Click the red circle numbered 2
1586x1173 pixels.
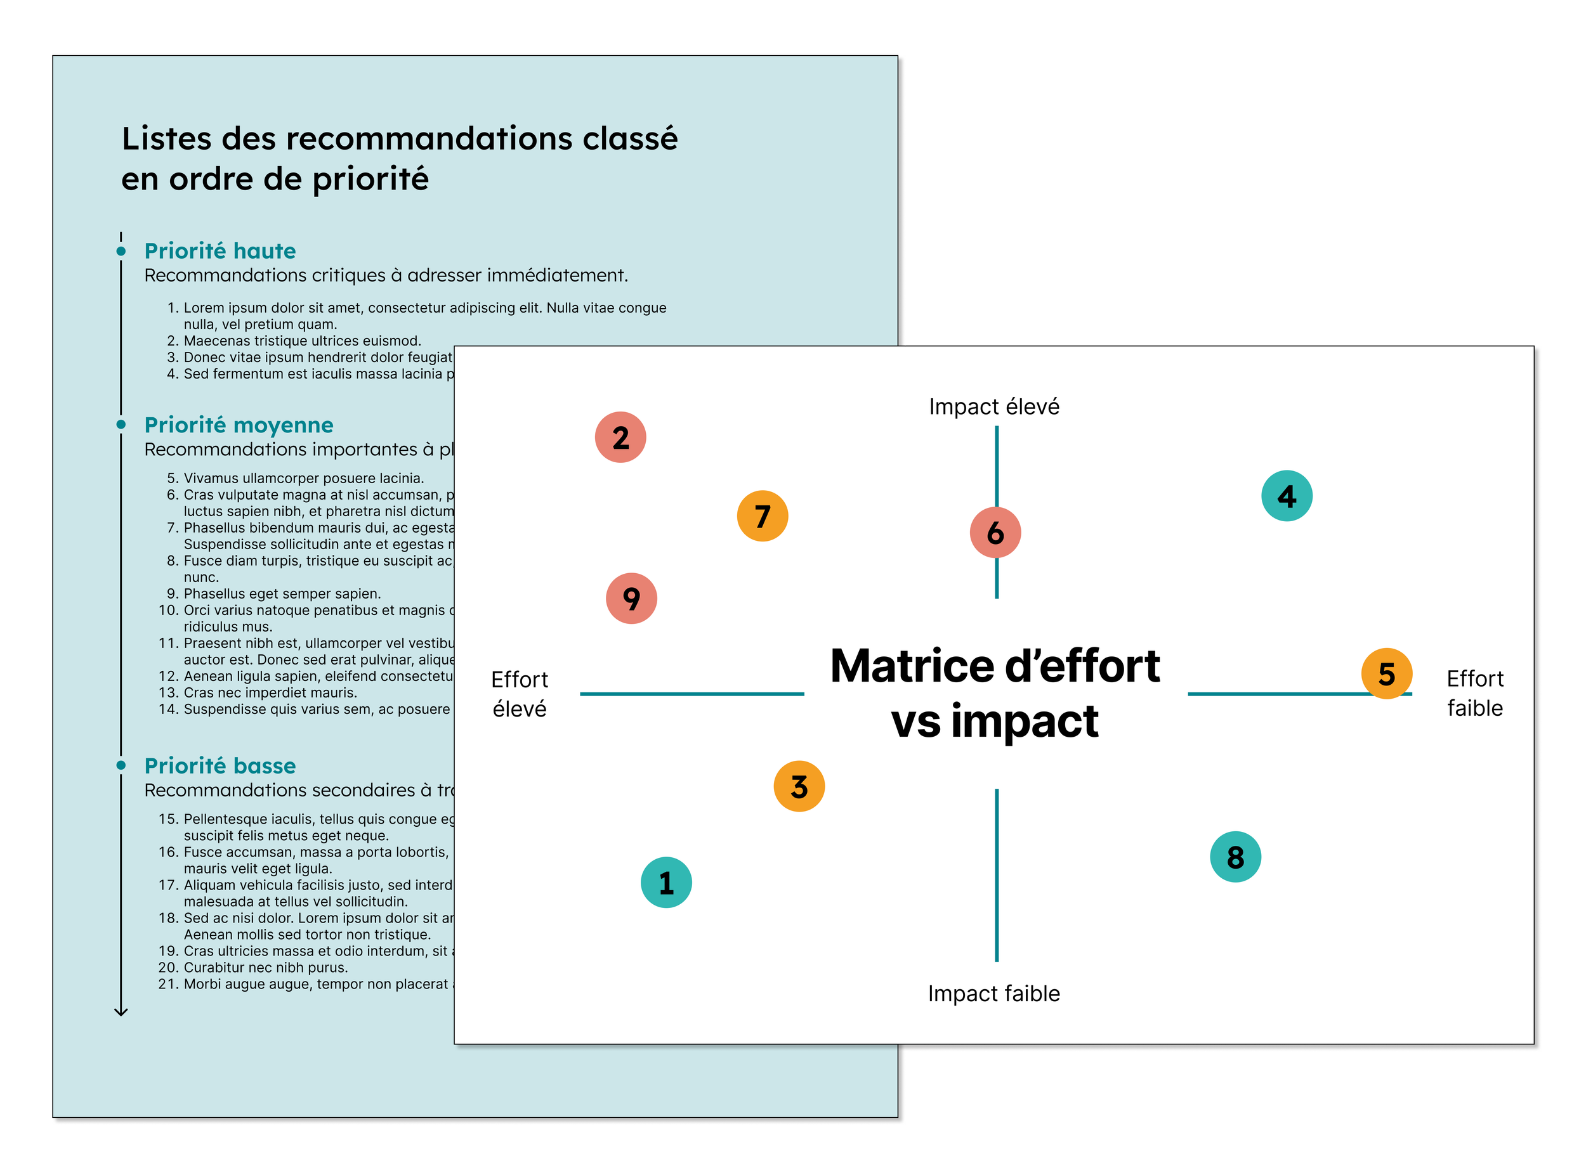point(620,437)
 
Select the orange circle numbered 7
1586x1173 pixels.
point(762,516)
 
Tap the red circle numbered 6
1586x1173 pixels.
point(995,533)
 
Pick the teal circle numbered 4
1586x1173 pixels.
point(1287,496)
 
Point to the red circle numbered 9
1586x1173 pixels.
point(631,599)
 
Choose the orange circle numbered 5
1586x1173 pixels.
point(1386,674)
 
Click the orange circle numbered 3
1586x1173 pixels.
point(799,787)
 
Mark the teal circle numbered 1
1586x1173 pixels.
point(666,883)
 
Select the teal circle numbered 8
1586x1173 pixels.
point(1235,857)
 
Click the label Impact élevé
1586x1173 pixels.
point(993,407)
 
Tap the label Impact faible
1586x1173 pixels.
point(993,994)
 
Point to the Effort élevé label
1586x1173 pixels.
point(519,694)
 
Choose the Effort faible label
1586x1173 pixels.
point(1474,693)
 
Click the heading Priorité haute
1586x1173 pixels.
point(220,250)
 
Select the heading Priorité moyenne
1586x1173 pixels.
point(239,425)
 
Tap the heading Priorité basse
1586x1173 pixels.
point(220,765)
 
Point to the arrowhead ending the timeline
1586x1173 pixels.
point(121,1011)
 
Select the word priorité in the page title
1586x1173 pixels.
point(370,179)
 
